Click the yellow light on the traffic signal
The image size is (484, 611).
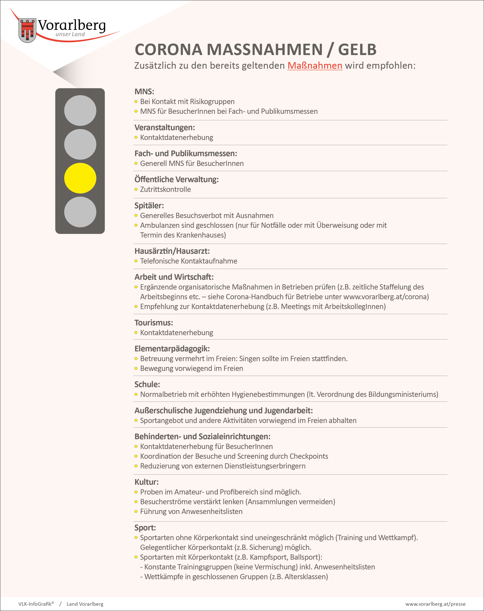tap(80, 178)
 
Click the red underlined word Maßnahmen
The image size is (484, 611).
tap(315, 65)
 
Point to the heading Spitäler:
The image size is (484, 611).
tap(149, 206)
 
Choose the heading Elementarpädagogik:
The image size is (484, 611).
tap(172, 349)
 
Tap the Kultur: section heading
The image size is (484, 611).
tap(147, 482)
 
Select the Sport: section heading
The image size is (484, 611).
tap(145, 527)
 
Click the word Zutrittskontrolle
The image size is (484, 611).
tap(165, 189)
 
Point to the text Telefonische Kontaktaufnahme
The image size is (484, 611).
tap(189, 261)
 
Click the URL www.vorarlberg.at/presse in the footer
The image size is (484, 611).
tap(435, 604)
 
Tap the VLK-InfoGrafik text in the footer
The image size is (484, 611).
tap(35, 604)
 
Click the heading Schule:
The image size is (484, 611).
tap(147, 384)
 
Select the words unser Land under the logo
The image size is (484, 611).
tap(70, 34)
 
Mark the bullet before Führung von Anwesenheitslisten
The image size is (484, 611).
tap(136, 511)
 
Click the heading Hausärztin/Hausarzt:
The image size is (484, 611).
tap(172, 251)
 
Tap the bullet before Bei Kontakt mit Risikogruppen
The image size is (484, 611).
tap(136, 102)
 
